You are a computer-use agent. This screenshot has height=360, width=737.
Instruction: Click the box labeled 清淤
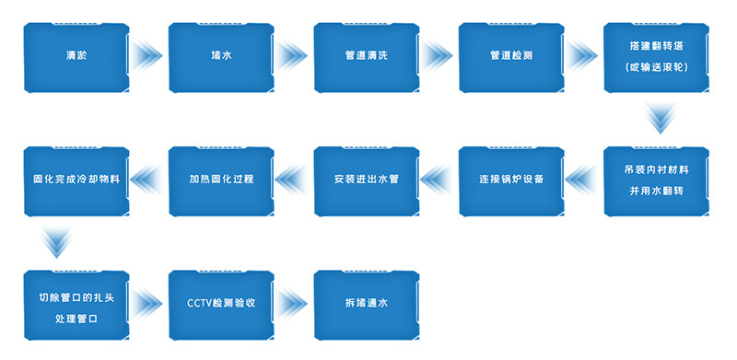tap(76, 56)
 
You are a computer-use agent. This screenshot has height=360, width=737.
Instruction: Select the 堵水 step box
tap(221, 56)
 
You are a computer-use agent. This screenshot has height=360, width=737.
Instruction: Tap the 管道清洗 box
tap(367, 56)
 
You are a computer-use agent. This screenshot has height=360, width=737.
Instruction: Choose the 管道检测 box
tap(512, 56)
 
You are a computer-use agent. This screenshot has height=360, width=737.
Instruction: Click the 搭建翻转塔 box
tap(657, 56)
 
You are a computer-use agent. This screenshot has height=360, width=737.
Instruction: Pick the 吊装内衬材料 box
tap(657, 180)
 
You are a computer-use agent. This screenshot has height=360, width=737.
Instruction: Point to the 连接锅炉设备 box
tap(512, 180)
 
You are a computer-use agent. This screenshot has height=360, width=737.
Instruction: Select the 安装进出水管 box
tap(367, 180)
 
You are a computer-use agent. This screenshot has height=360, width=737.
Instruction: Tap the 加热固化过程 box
tap(221, 180)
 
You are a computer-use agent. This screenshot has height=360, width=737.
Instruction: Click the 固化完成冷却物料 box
tap(76, 180)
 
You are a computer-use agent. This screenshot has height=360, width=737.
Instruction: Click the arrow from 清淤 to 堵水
tap(148, 56)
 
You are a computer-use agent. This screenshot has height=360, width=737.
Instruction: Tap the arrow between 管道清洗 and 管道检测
tap(439, 56)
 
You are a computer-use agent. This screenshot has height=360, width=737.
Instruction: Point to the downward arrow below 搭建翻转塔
tap(657, 118)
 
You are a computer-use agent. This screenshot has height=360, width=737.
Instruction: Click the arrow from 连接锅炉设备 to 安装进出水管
tap(439, 180)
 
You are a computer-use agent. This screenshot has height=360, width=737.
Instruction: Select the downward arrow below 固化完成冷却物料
tap(57, 241)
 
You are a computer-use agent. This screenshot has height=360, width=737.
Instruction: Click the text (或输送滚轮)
tap(657, 68)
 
